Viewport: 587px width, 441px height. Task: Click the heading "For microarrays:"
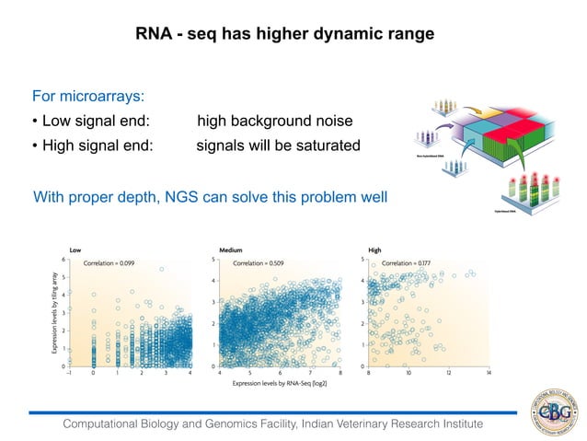[x=88, y=97]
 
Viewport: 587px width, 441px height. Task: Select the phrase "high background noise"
[x=274, y=122]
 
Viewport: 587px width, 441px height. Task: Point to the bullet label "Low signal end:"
[x=91, y=122]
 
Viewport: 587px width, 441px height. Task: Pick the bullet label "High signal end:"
[x=93, y=146]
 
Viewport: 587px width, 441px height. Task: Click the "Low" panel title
[x=76, y=250]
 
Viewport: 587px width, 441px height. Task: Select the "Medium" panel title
[x=231, y=250]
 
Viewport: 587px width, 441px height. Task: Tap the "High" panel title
[x=374, y=250]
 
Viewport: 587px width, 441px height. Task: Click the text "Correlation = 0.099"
[x=109, y=262]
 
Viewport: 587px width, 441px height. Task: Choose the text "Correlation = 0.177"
[x=408, y=262]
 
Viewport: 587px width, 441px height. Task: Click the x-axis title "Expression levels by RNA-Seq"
[x=281, y=382]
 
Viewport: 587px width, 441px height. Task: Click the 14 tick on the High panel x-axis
[x=488, y=373]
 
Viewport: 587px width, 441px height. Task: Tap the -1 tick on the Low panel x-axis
[x=69, y=373]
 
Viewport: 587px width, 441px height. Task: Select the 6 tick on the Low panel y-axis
[x=63, y=260]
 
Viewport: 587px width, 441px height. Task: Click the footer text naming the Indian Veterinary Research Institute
[x=272, y=424]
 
